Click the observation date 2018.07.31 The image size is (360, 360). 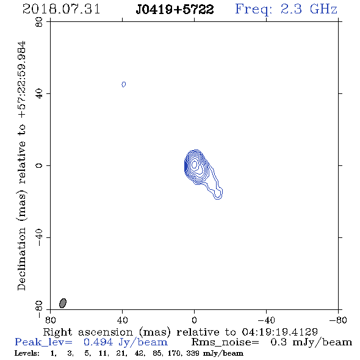(61, 9)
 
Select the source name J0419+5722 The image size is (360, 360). (175, 9)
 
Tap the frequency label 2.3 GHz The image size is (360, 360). (309, 9)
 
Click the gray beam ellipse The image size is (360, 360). (63, 303)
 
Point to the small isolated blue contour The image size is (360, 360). (124, 84)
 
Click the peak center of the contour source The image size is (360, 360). (194, 164)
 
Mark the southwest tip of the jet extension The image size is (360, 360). (218, 198)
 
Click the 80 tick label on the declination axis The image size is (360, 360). (39, 22)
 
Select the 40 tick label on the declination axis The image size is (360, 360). (39, 94)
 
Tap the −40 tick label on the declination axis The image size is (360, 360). (39, 237)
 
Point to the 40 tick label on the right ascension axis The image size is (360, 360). (122, 320)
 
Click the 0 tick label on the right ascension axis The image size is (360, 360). (194, 320)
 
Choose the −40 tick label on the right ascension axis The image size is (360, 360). (266, 320)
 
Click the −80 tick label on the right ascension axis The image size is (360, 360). (338, 320)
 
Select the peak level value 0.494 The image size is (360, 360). (98, 342)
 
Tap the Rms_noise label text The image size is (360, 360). (225, 342)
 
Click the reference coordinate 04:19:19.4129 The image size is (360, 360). (279, 332)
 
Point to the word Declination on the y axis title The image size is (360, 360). (21, 259)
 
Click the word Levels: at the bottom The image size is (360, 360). (27, 353)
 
